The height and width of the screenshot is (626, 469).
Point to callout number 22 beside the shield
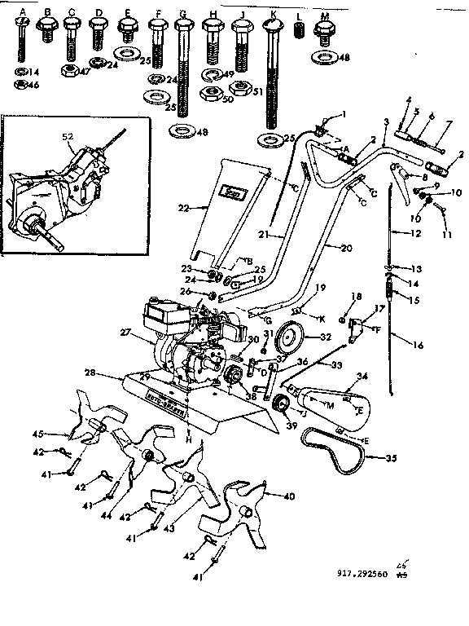coord(183,208)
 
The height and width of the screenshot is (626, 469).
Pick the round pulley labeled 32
coord(287,335)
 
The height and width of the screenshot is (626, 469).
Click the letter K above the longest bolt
coord(274,14)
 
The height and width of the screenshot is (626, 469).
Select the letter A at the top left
coord(23,13)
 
